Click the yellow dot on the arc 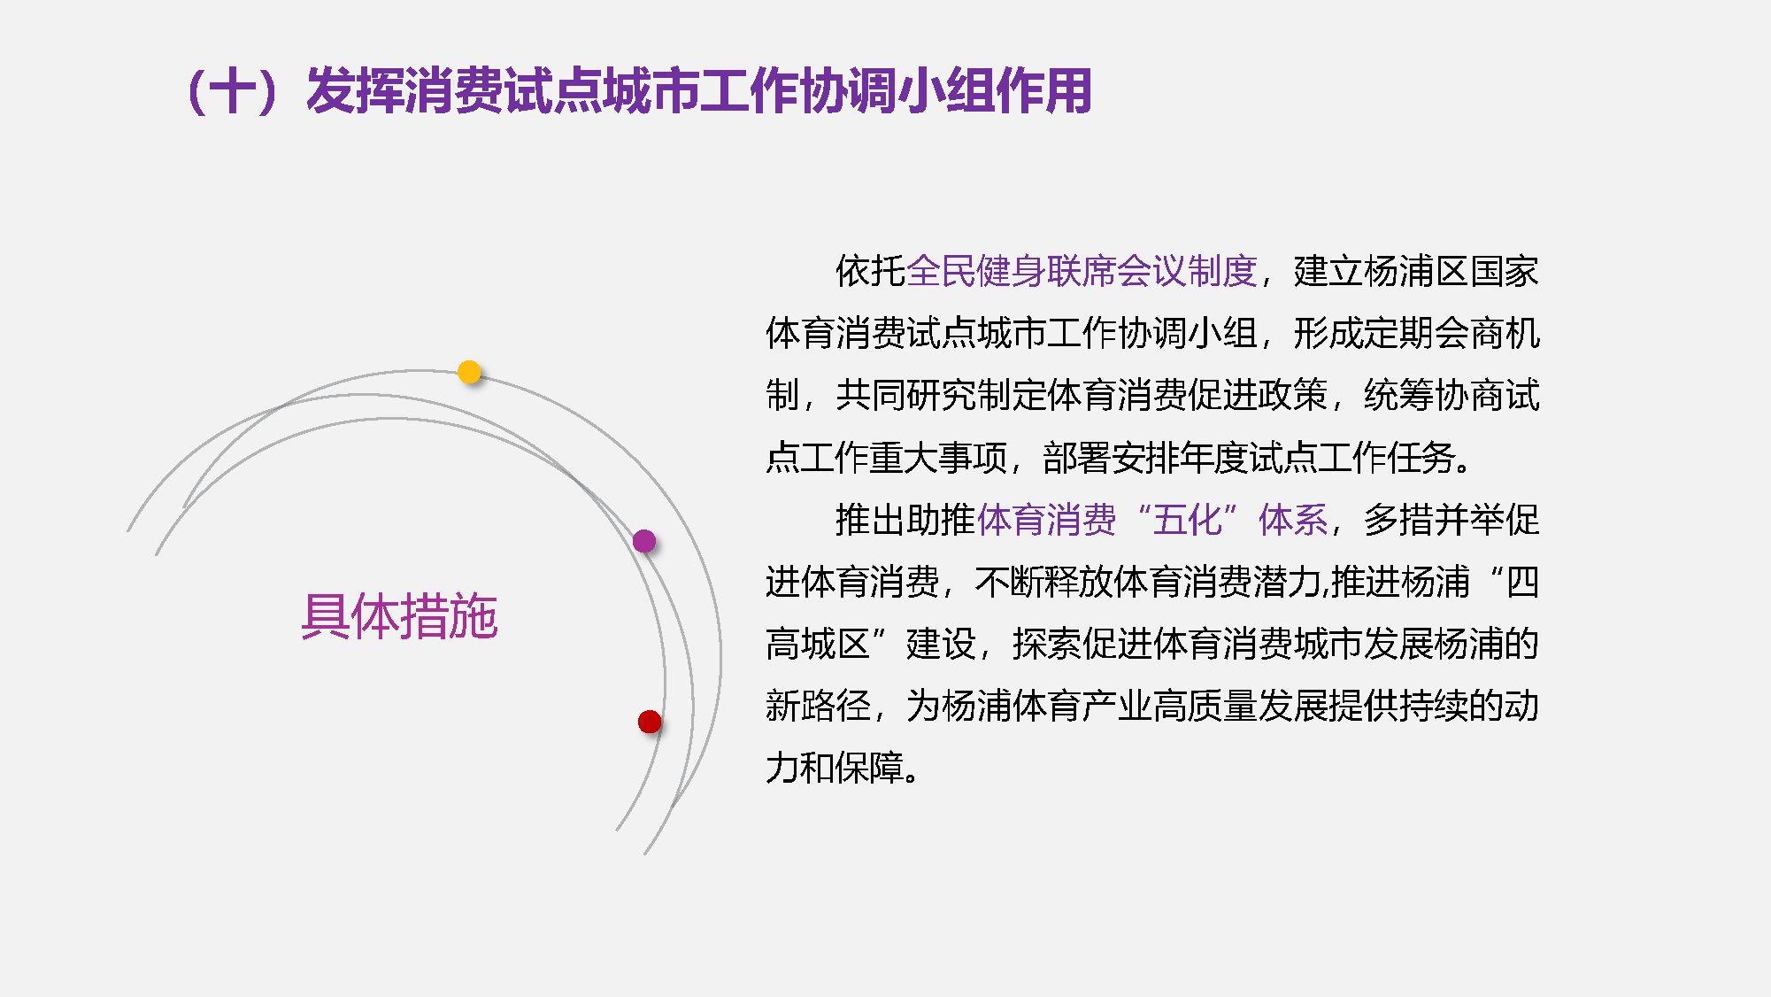[x=469, y=372]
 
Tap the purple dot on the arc [x=644, y=540]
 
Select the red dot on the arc [x=650, y=722]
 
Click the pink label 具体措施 [x=399, y=616]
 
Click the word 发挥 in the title [x=355, y=91]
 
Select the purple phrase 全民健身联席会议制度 [x=1082, y=271]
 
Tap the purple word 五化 [x=1187, y=520]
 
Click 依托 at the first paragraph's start [x=871, y=271]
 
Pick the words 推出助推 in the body [x=905, y=520]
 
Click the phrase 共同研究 [x=905, y=396]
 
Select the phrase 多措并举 [x=1434, y=520]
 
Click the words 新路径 [x=818, y=706]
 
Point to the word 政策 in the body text [x=1293, y=396]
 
